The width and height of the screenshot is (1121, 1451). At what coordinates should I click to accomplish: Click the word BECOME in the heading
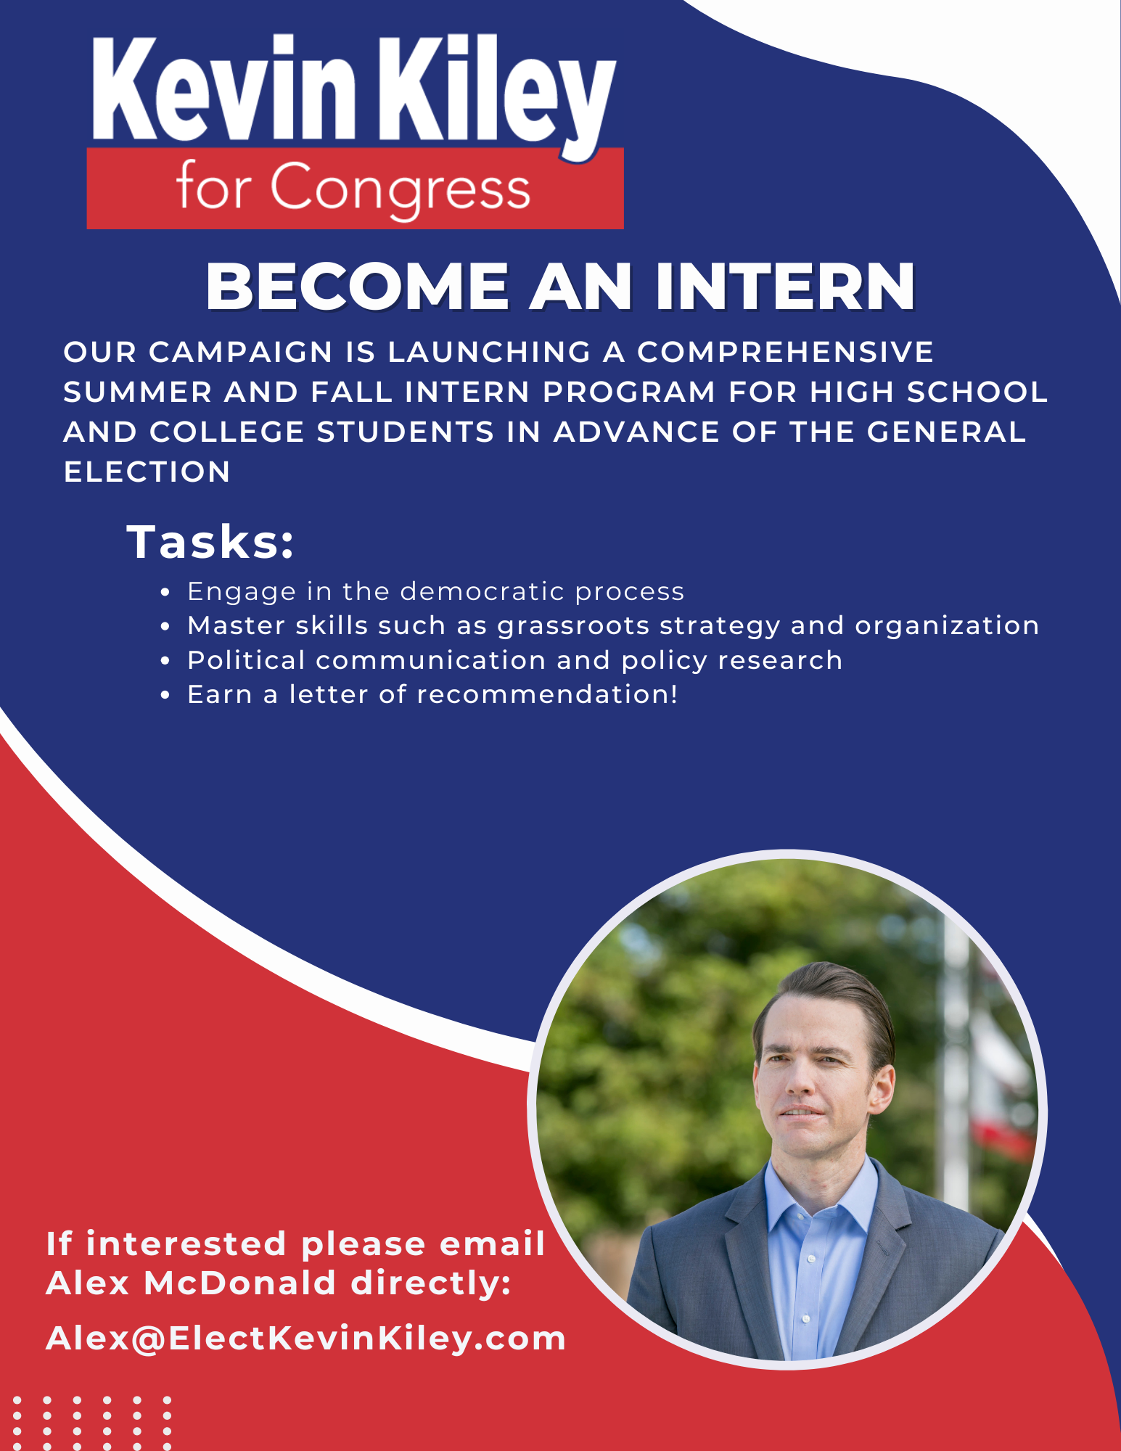[358, 287]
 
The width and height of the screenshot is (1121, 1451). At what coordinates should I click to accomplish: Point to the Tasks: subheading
[211, 541]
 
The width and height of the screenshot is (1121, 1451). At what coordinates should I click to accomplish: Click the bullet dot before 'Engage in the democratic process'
[165, 593]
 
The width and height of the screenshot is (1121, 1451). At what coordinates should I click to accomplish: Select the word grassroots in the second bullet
[573, 626]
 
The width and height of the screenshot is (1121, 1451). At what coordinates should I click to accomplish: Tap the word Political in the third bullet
[246, 660]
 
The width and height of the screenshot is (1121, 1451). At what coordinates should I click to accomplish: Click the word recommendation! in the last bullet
[548, 694]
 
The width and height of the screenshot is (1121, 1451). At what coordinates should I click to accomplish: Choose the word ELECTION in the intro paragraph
[147, 472]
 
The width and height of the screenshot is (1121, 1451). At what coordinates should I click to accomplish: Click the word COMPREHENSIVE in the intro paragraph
[785, 353]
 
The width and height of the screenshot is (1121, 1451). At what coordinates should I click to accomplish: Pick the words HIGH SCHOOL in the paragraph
[929, 392]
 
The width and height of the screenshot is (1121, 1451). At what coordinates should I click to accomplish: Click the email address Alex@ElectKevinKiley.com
[306, 1339]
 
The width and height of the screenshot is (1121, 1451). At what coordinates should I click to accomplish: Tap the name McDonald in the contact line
[240, 1283]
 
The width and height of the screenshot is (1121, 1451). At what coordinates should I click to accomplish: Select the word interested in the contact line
[186, 1244]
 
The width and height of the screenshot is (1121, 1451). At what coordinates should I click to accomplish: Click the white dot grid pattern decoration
[91, 1423]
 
